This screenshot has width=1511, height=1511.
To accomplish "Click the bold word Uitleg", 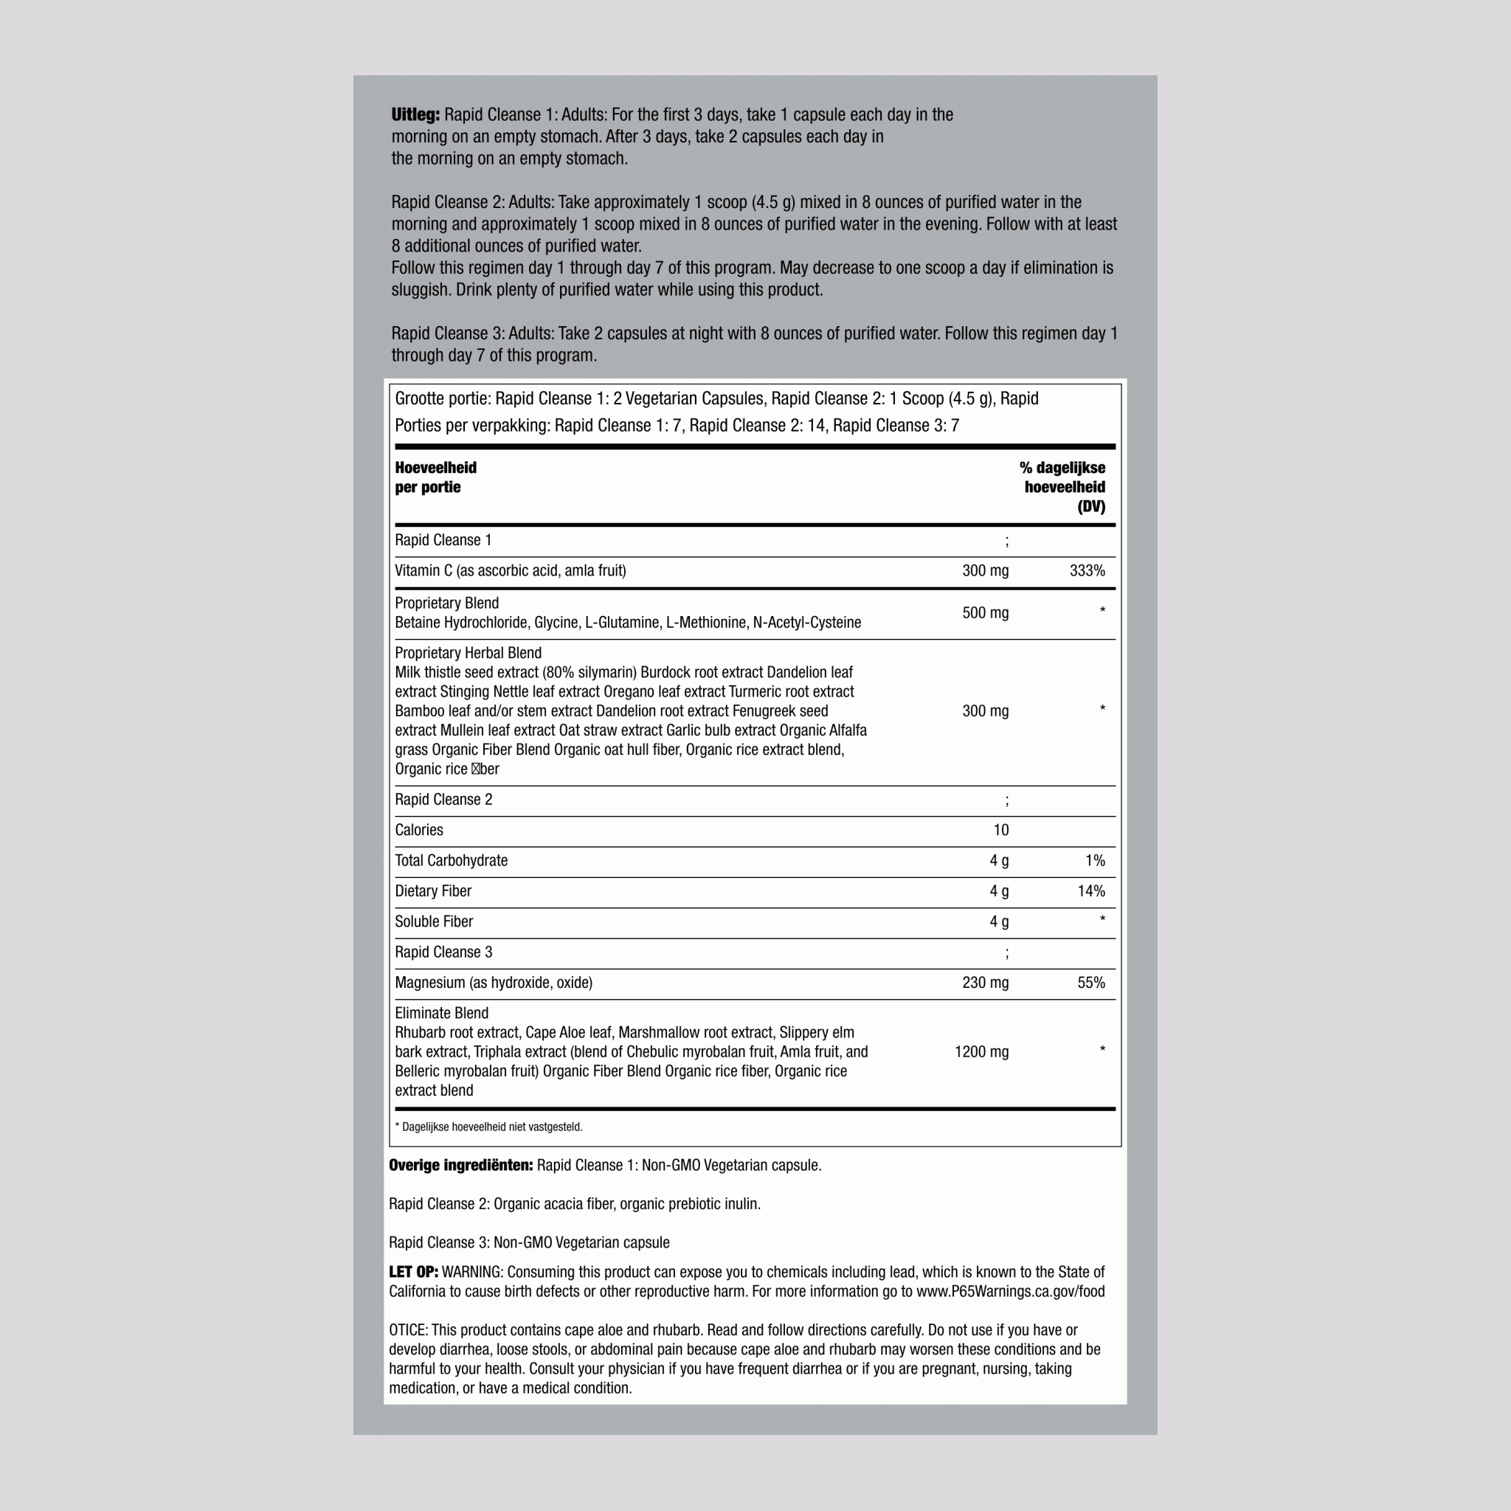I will coord(415,114).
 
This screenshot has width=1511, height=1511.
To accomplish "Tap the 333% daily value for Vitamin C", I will coord(1086,571).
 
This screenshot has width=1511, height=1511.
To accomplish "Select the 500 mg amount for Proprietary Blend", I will coord(985,613).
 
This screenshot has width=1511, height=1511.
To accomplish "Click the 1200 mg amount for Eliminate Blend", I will coord(981,1052).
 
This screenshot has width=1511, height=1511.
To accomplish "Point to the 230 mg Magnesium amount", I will coord(985,983).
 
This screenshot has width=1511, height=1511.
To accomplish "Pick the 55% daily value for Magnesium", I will coord(1090,983).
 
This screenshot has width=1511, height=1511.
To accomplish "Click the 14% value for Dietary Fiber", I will coord(1090,891).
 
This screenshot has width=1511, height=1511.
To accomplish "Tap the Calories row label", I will coord(418,831).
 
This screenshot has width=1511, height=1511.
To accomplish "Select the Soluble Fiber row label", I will coord(433,922).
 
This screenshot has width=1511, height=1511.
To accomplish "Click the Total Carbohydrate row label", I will coord(451,861).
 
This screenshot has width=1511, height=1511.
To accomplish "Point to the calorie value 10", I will coord(1000,831).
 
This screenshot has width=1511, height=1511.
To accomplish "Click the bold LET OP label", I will coord(413,1273).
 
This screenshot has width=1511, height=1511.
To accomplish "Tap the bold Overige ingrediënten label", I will coord(460,1165).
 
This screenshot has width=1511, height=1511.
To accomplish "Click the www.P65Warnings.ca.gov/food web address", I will coord(1010,1292).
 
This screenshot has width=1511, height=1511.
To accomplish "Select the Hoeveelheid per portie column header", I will coord(435,477).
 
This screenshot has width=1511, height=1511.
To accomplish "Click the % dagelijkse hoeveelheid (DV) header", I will coord(1064,486).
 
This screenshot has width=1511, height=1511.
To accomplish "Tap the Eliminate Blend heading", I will coord(441,1014).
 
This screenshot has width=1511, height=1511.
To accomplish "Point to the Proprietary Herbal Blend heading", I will coord(468,653).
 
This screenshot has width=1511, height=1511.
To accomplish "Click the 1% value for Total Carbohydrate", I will coord(1094,861).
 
